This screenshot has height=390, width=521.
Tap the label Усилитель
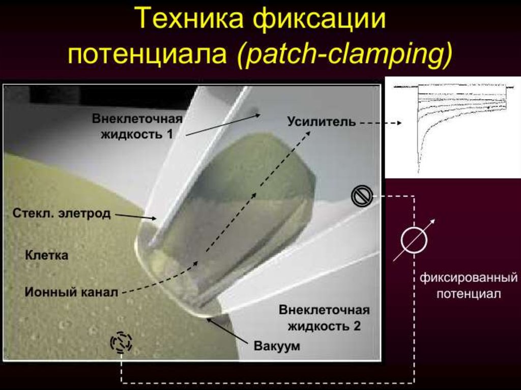coord(321,122)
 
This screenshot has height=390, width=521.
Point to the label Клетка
coord(46,255)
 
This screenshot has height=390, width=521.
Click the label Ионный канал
coord(71,292)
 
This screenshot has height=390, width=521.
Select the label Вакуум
coord(277,346)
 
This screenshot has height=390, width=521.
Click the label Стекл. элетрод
coord(61,213)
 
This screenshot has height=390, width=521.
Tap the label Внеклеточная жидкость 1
coord(137,126)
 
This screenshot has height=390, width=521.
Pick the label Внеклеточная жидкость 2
coord(324,318)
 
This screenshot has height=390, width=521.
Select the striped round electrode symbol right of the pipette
coord(362,196)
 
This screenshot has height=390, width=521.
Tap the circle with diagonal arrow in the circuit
coord(414,239)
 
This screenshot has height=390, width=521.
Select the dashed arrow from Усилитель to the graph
coord(381,123)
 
